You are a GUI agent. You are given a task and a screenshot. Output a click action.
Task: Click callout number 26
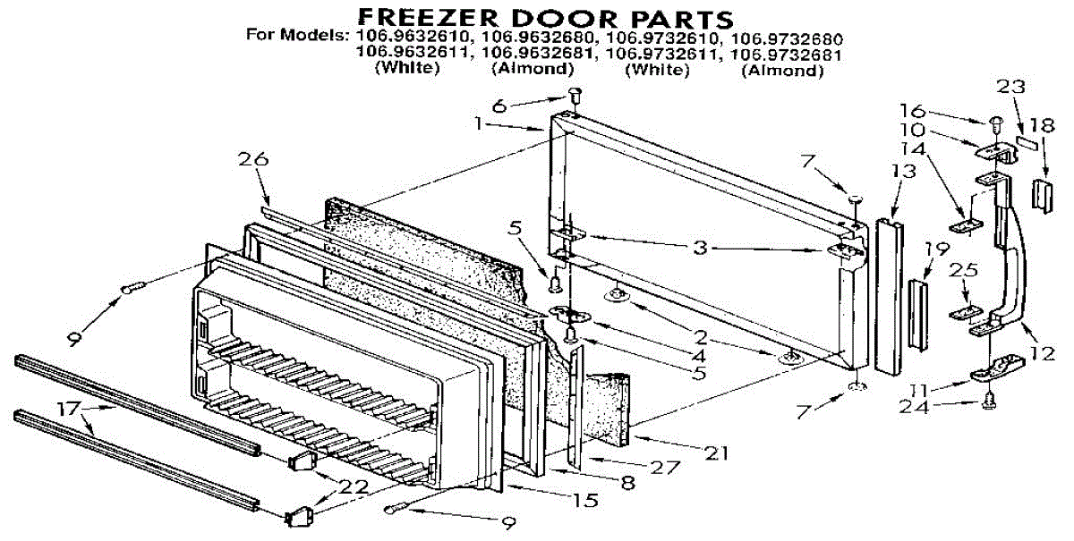(253, 161)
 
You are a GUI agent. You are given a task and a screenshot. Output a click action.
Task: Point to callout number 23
(1011, 86)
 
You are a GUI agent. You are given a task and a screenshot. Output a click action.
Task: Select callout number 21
(715, 453)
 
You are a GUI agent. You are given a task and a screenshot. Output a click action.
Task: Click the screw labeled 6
(575, 92)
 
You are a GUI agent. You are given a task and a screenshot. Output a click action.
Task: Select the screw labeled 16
(995, 121)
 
